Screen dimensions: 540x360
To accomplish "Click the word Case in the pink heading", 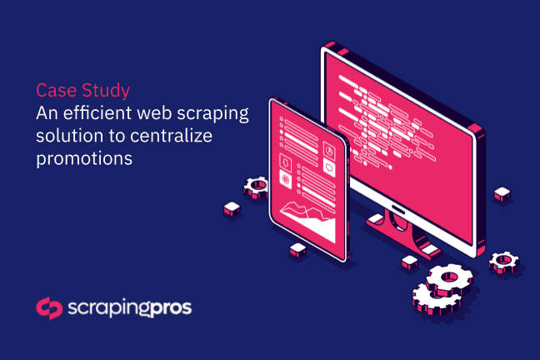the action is pos(56,90).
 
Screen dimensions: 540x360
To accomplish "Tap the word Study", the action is pos(106,92).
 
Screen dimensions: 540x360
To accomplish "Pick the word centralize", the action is pos(171,135).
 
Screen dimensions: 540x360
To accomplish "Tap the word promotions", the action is pos(84,159).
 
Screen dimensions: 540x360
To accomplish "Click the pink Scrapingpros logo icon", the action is pos(49,308).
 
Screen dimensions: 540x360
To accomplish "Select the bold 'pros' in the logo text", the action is pos(171,308).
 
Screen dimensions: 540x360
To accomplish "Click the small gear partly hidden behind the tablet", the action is pos(255,187).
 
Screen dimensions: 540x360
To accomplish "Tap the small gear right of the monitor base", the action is pos(503,262).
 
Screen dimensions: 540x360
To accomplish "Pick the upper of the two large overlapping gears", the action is pos(449,279).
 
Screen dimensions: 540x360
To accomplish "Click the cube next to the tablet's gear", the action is pos(232,209).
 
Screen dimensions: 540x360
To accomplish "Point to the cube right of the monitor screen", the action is pos(502,194).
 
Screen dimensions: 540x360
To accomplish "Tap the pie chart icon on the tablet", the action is pos(329,150).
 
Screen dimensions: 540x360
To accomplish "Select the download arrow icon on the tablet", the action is pos(285,162).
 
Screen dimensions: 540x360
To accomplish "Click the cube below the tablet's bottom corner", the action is pos(297,250).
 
